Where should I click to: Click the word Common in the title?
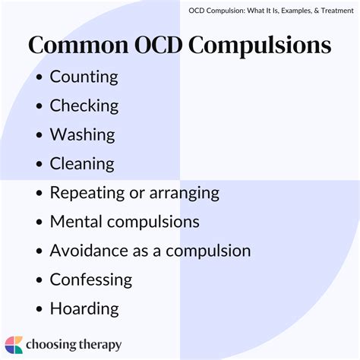[x=78, y=45]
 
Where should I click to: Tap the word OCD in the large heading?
[x=159, y=45]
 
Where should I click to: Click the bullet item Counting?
[x=84, y=77]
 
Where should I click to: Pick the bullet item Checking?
[x=84, y=106]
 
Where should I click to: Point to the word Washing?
[x=83, y=135]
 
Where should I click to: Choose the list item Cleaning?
[x=82, y=164]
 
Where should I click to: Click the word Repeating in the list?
[x=87, y=193]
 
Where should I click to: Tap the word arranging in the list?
[x=185, y=194]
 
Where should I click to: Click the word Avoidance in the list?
[x=89, y=251]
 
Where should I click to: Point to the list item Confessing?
[x=91, y=280]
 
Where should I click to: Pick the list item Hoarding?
[x=84, y=309]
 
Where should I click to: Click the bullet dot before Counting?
[x=39, y=77]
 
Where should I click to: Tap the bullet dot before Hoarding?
[x=39, y=309]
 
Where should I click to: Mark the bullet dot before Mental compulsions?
[x=39, y=222]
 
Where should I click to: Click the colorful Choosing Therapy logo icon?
[x=14, y=345]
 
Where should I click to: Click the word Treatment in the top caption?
[x=337, y=11]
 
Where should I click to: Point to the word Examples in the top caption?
[x=296, y=11]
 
